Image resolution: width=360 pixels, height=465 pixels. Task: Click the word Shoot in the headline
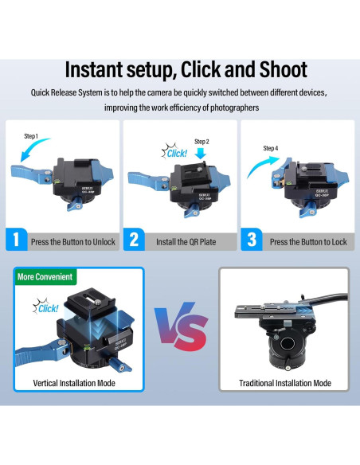click(284, 70)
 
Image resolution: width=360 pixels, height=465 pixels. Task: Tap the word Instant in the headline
click(94, 70)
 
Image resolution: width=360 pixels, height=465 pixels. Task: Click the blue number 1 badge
click(17, 240)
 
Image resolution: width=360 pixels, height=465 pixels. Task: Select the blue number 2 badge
click(134, 240)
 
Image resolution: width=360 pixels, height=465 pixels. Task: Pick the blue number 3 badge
click(252, 240)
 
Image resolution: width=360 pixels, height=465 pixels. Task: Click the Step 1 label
click(31, 136)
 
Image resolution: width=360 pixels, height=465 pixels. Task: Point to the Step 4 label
click(271, 148)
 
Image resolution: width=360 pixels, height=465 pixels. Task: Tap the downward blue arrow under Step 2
click(201, 153)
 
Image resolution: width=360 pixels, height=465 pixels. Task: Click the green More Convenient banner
click(45, 276)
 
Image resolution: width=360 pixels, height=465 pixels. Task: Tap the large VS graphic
click(181, 326)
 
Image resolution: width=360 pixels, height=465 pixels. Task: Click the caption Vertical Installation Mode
click(74, 383)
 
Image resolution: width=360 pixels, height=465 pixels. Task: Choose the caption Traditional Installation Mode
click(285, 383)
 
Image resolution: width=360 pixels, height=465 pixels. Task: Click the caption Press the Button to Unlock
click(73, 242)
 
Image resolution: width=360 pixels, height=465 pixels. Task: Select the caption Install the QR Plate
click(186, 242)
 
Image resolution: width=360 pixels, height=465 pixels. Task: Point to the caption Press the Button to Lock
click(308, 242)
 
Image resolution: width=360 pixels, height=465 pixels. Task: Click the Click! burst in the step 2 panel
click(174, 151)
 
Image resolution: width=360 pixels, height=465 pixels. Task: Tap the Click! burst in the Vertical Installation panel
click(45, 307)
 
